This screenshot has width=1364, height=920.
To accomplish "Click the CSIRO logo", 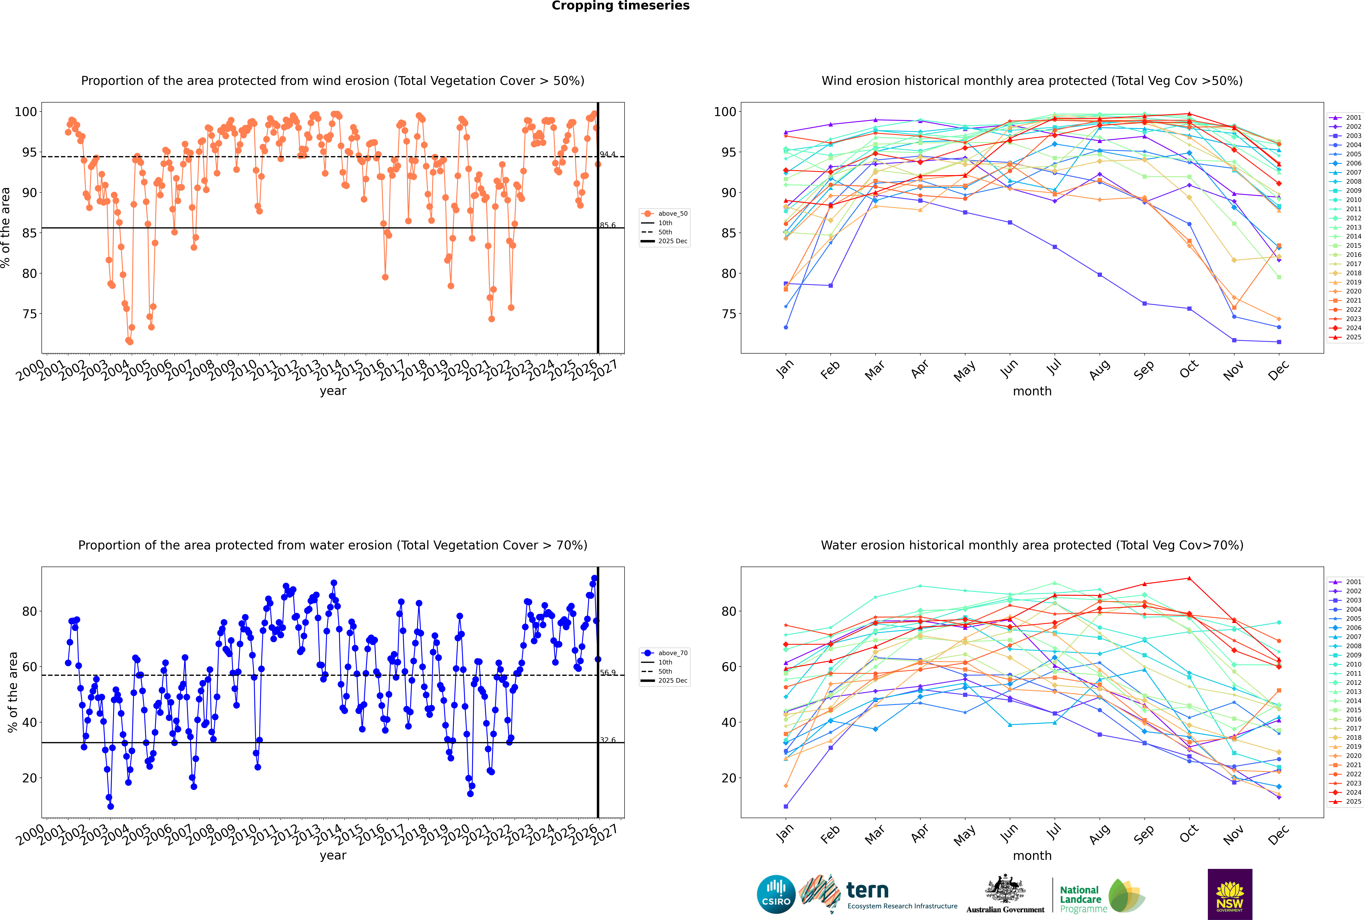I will [776, 894].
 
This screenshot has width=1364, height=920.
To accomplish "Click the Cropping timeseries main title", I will [620, 6].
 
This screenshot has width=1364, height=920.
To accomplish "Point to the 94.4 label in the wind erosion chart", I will [608, 154].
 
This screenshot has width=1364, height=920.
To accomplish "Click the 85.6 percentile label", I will [608, 225].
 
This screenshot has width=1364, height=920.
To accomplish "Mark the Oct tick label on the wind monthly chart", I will [1189, 370].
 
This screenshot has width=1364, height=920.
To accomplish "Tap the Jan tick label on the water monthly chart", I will [785, 833].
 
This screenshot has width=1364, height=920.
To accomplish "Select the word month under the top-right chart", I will [1032, 391].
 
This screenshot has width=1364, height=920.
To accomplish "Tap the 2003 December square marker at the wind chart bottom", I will [1279, 342].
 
